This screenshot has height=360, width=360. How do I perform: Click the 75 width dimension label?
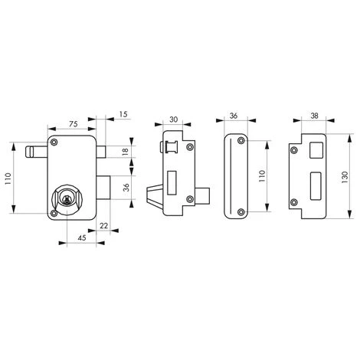[x=74, y=124]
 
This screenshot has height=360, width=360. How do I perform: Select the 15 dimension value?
[x=123, y=114]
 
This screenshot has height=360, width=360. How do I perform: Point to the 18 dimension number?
[x=126, y=152]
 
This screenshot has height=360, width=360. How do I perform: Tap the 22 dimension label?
[x=104, y=226]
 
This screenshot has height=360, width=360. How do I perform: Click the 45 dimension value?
[x=82, y=238]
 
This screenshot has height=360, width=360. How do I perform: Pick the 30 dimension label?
[x=174, y=119]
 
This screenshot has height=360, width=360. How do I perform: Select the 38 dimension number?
[x=315, y=116]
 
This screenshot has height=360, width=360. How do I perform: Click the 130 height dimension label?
[x=345, y=177]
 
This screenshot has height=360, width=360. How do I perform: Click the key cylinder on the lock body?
[x=67, y=198]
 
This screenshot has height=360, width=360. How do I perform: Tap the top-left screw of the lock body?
[x=54, y=142]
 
